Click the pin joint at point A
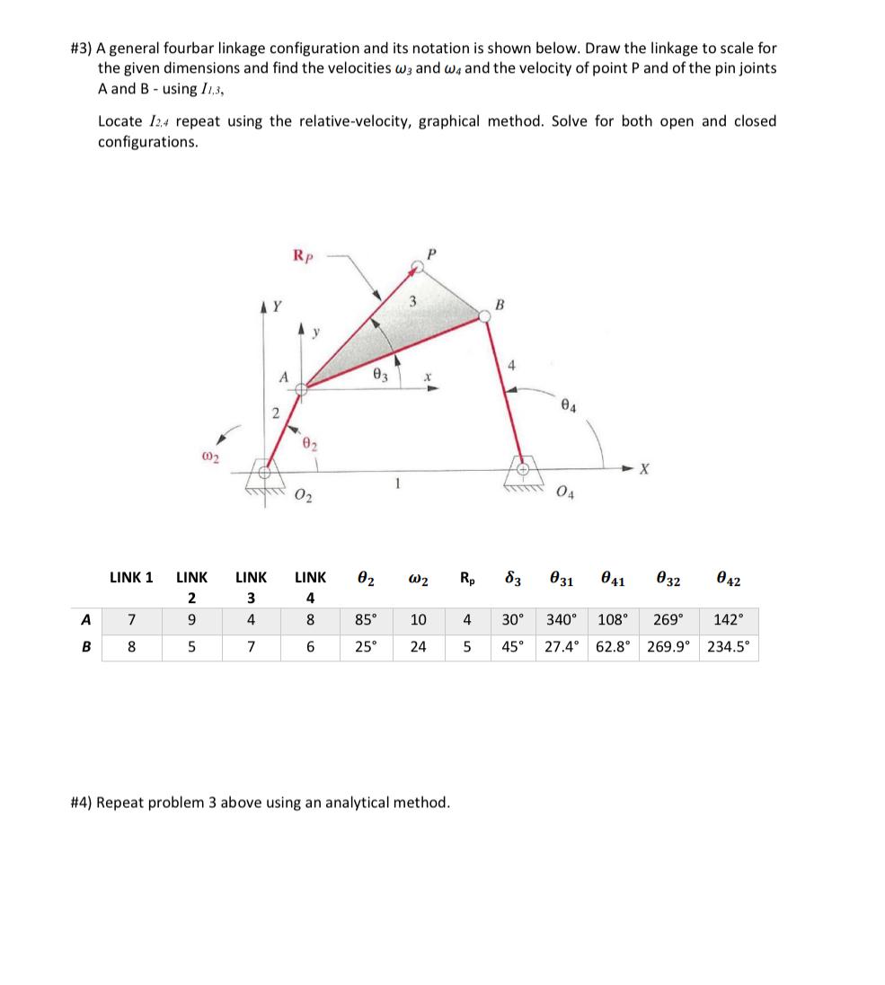305,387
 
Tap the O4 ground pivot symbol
519,468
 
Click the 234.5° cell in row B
729,646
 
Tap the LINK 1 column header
131,577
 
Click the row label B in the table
84,646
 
